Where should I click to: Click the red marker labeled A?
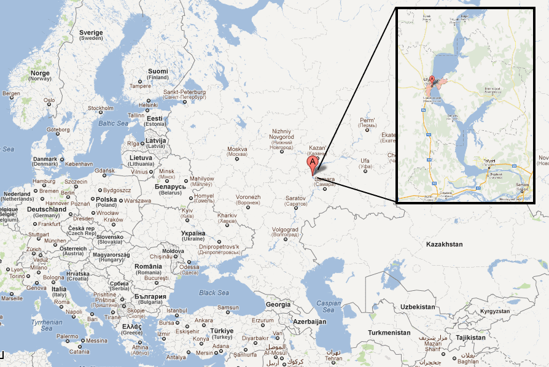click(x=312, y=163)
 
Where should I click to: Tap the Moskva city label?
click(x=237, y=149)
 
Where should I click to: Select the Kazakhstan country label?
click(x=444, y=244)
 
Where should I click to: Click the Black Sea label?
click(x=214, y=293)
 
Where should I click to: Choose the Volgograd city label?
click(x=285, y=229)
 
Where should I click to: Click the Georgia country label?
click(x=278, y=304)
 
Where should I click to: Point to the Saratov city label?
click(x=295, y=198)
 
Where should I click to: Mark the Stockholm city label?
click(x=100, y=108)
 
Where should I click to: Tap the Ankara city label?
click(x=204, y=320)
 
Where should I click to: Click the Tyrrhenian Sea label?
click(x=48, y=325)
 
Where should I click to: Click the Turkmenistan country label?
click(x=389, y=332)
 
